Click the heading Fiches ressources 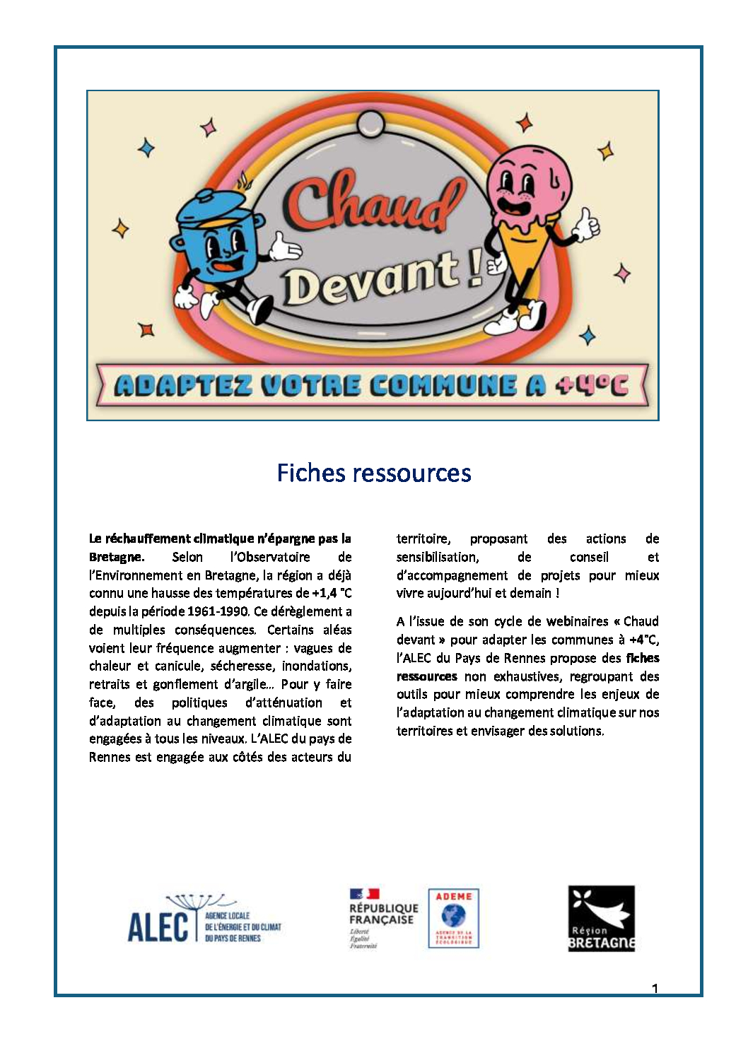(x=373, y=473)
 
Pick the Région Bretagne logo (x=601, y=918)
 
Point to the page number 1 (x=655, y=988)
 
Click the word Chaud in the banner (x=375, y=204)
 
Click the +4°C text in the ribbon (x=591, y=385)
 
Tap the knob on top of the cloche (x=368, y=124)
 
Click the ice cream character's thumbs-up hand (x=586, y=225)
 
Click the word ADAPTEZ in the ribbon (x=183, y=385)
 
